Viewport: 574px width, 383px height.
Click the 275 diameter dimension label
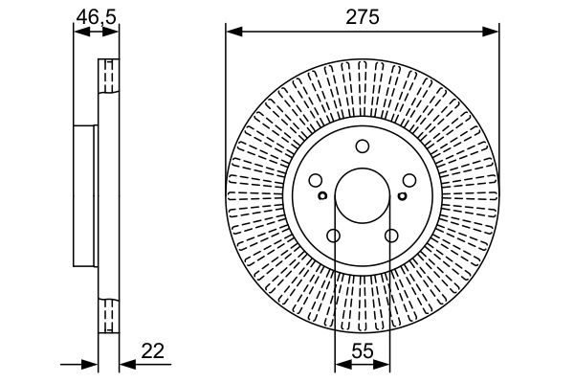363,17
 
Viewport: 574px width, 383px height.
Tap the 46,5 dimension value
97,17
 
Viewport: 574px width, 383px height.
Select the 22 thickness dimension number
153,351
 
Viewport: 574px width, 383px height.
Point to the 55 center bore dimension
363,351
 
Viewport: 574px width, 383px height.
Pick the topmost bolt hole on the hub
363,146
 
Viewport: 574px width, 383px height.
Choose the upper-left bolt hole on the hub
316,180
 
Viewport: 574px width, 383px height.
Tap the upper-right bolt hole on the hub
409,180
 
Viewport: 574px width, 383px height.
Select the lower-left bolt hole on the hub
334,236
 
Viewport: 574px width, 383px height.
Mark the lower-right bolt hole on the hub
391,236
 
